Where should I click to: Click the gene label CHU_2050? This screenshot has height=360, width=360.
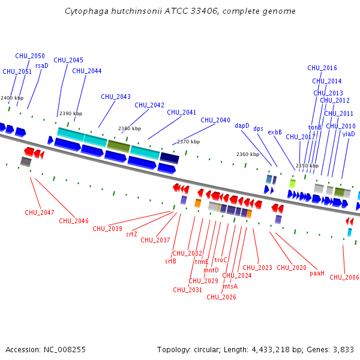click(x=30, y=56)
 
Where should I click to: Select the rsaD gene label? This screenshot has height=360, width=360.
click(x=42, y=66)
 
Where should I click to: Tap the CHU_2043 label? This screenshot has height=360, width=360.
click(x=116, y=97)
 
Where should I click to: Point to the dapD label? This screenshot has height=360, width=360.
click(x=242, y=126)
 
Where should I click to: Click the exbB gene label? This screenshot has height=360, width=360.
click(x=275, y=132)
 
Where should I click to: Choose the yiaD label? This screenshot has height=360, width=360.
click(x=349, y=134)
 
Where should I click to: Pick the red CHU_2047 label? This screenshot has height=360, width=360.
click(x=40, y=212)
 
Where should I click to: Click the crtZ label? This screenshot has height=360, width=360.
click(x=131, y=234)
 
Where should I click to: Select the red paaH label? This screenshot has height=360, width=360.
click(x=317, y=274)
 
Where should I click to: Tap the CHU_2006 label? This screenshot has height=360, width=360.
click(x=344, y=277)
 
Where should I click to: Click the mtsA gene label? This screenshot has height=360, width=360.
click(x=230, y=286)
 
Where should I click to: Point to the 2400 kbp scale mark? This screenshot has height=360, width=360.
click(x=12, y=98)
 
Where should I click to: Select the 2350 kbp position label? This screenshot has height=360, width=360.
click(x=307, y=166)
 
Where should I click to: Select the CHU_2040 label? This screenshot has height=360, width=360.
click(x=215, y=120)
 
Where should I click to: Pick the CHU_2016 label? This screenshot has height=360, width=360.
click(x=322, y=68)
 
